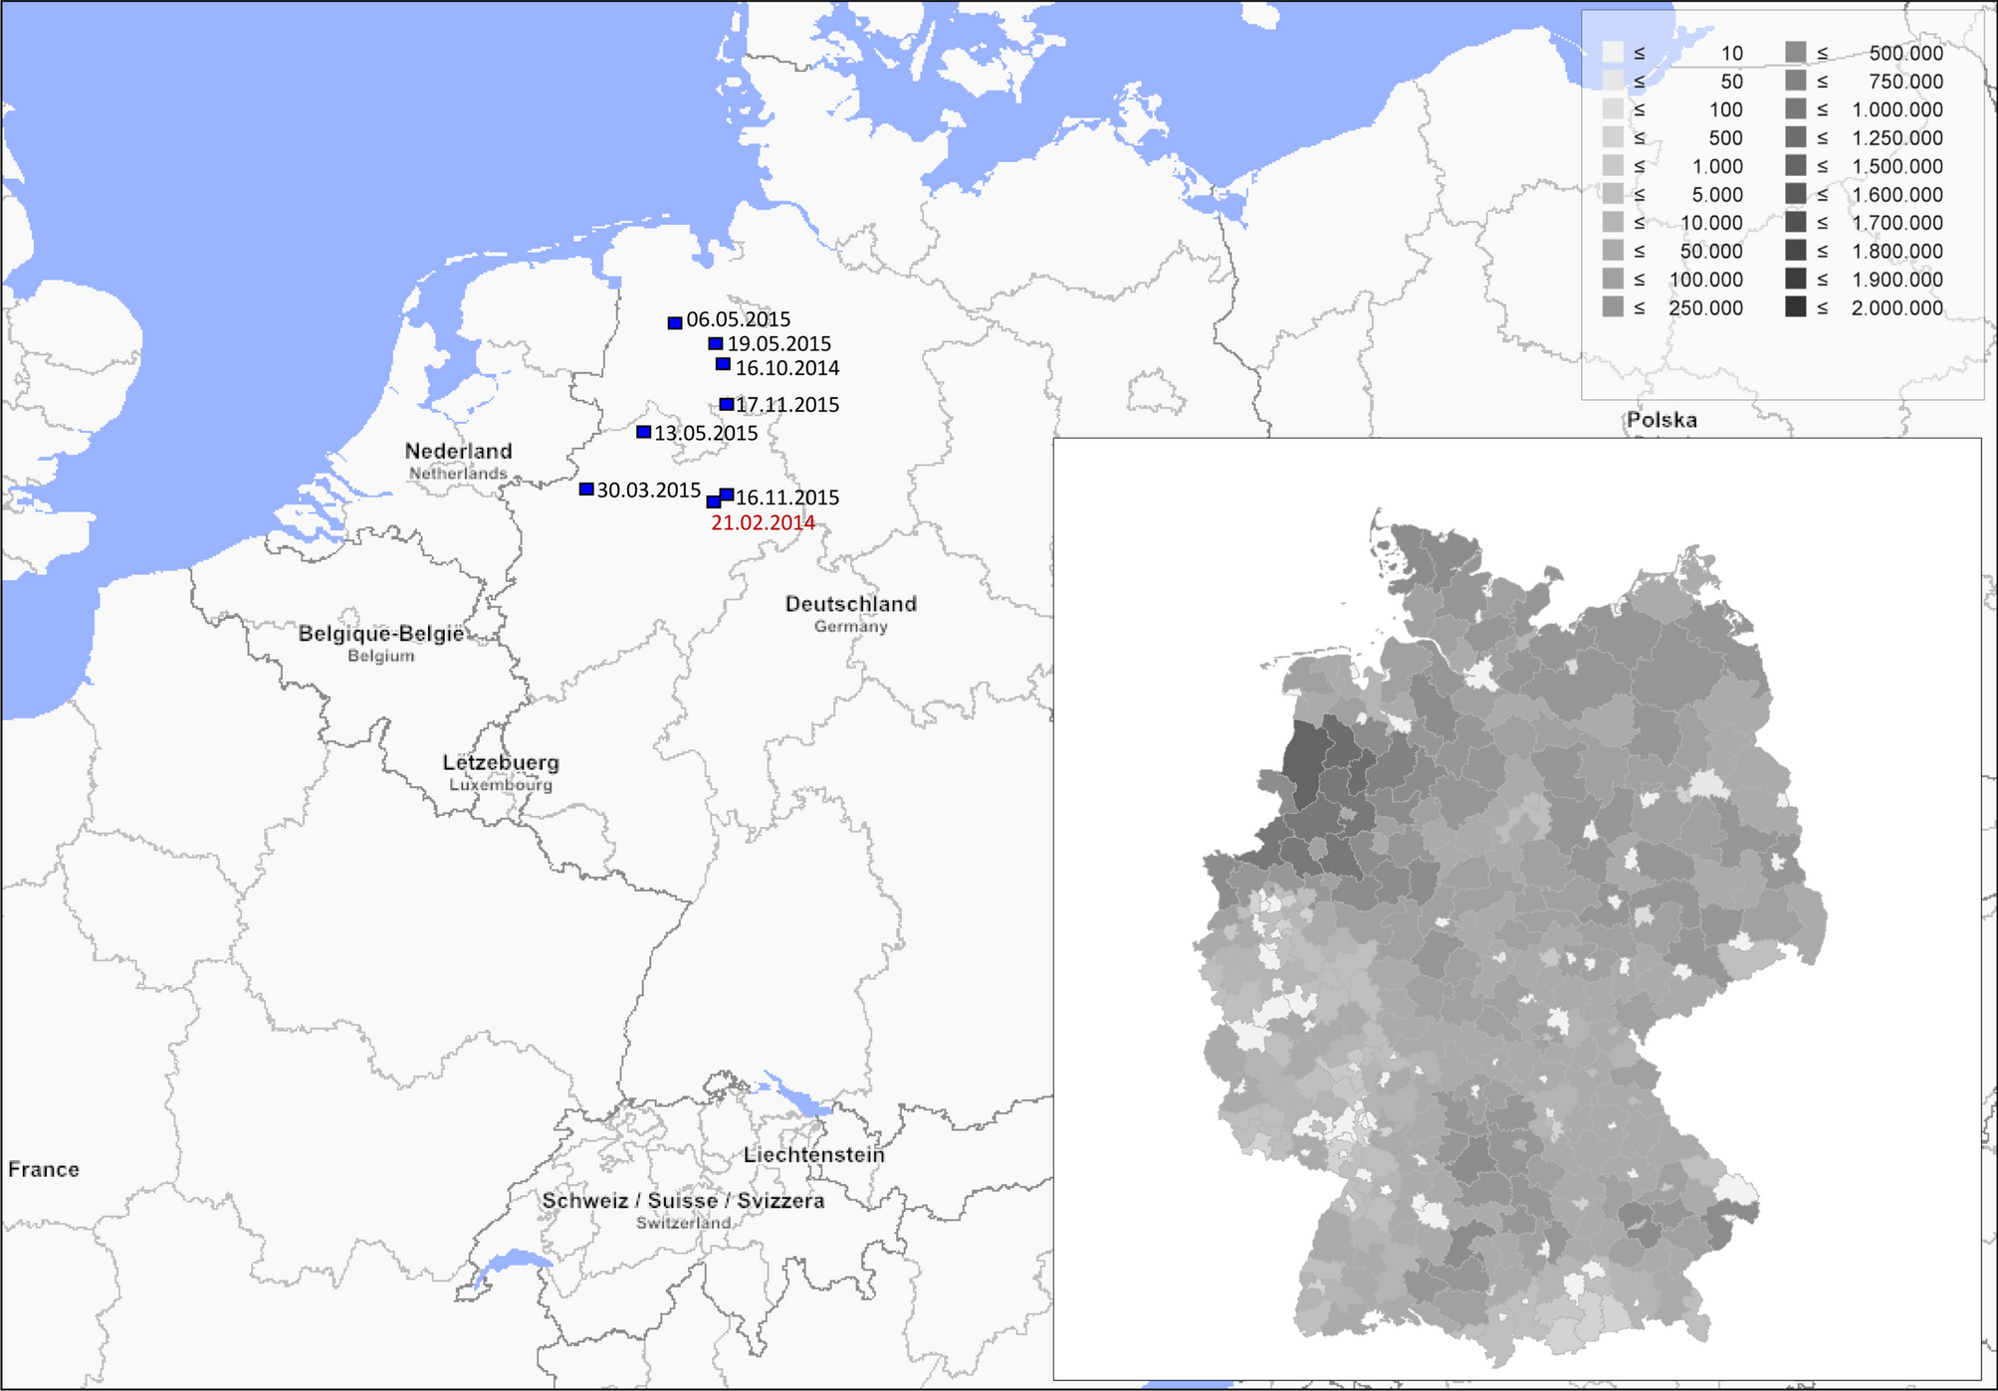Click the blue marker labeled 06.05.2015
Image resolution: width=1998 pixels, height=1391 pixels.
pyautogui.click(x=675, y=322)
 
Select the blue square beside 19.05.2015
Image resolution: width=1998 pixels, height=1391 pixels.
pyautogui.click(x=716, y=343)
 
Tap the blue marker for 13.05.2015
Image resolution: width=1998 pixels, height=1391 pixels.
pyautogui.click(x=644, y=432)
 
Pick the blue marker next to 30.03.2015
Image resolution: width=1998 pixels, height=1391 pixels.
pyautogui.click(x=586, y=490)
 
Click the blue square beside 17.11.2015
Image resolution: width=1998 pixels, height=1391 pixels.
pyautogui.click(x=727, y=404)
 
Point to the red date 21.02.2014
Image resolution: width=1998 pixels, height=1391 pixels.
pyautogui.click(x=763, y=523)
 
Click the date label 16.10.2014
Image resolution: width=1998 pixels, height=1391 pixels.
pyautogui.click(x=787, y=368)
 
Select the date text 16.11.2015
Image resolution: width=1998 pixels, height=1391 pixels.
pyautogui.click(x=787, y=497)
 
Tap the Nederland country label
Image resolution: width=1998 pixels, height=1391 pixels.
pyautogui.click(x=458, y=451)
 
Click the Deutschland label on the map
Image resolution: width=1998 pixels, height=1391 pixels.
pyautogui.click(x=850, y=604)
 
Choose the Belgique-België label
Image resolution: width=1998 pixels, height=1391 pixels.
pyautogui.click(x=381, y=634)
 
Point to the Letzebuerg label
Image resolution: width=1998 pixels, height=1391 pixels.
pyautogui.click(x=501, y=762)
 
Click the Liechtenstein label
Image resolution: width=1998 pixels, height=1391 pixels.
pyautogui.click(x=813, y=1154)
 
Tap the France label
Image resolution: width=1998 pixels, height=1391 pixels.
pyautogui.click(x=44, y=1169)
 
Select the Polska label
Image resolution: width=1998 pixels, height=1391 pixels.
pyautogui.click(x=1662, y=420)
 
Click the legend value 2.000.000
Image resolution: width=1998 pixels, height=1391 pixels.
pyautogui.click(x=1896, y=308)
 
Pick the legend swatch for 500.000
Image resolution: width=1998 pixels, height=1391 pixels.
pyautogui.click(x=1795, y=53)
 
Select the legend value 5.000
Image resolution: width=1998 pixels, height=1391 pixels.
pyautogui.click(x=1717, y=195)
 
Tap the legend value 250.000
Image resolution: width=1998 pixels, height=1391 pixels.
pyautogui.click(x=1705, y=308)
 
